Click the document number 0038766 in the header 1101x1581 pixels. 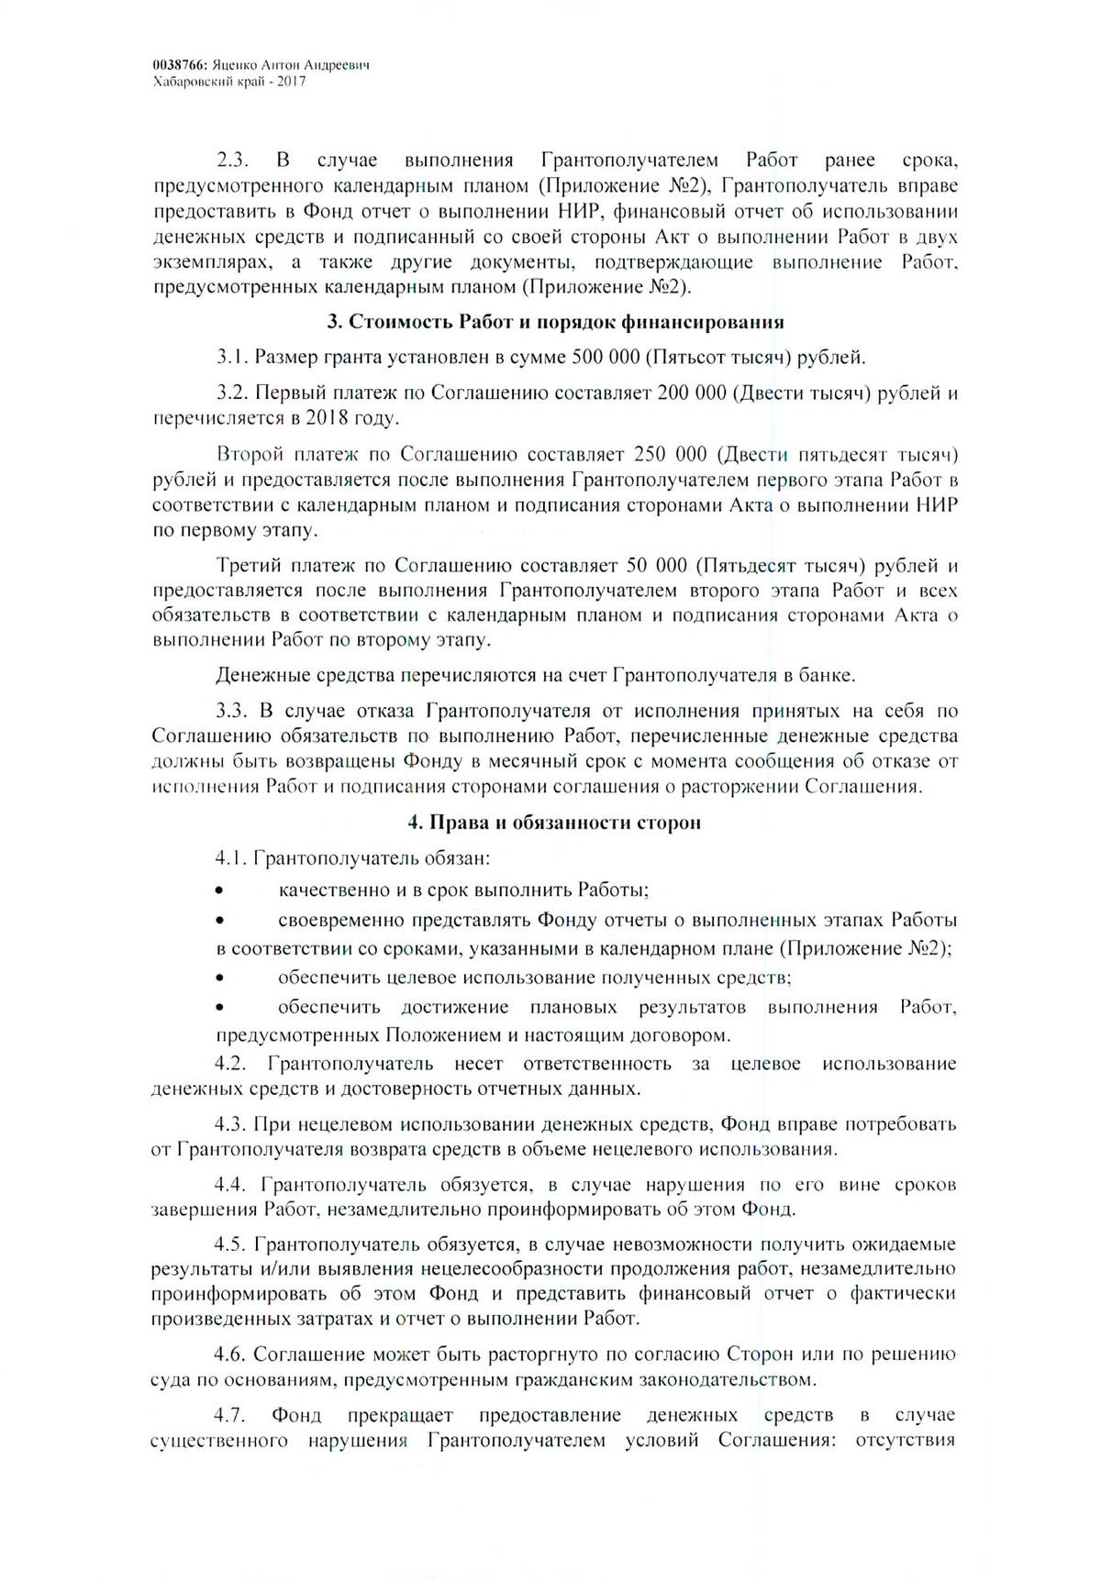pos(179,67)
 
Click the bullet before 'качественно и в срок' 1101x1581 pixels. pos(218,890)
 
